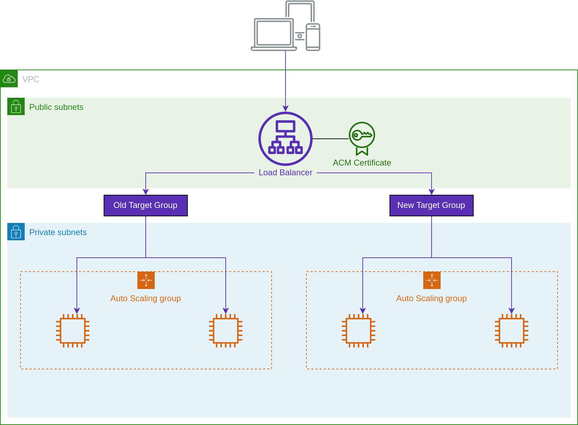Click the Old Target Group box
pyautogui.click(x=145, y=206)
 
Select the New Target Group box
pyautogui.click(x=431, y=206)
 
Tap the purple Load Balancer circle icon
pyautogui.click(x=285, y=138)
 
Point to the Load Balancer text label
pyautogui.click(x=285, y=173)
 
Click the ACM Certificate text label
pyautogui.click(x=362, y=163)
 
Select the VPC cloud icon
pyautogui.click(x=9, y=79)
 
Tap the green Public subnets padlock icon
pyautogui.click(x=16, y=106)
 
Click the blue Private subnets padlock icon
pyautogui.click(x=16, y=232)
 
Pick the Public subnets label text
pyautogui.click(x=56, y=107)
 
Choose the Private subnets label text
pyautogui.click(x=58, y=232)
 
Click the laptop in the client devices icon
pyautogui.click(x=274, y=34)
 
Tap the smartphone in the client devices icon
pyautogui.click(x=313, y=37)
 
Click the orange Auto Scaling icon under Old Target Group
pyautogui.click(x=146, y=280)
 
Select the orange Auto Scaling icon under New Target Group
pyautogui.click(x=432, y=280)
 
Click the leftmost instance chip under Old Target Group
pyautogui.click(x=73, y=330)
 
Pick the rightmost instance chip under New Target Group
pyautogui.click(x=511, y=330)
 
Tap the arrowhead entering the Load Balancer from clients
pyautogui.click(x=286, y=109)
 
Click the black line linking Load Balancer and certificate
pyautogui.click(x=330, y=139)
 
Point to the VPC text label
pyautogui.click(x=31, y=79)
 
